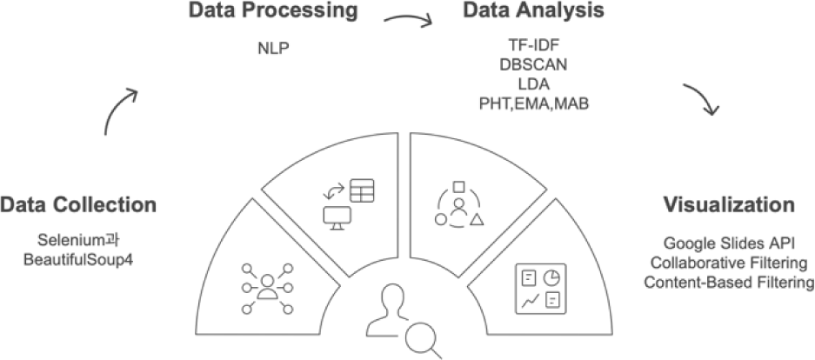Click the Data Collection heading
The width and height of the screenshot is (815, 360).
coord(78,205)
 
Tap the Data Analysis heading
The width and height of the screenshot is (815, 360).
coord(533,12)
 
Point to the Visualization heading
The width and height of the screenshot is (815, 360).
coord(729,205)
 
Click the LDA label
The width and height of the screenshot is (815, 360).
coord(534,84)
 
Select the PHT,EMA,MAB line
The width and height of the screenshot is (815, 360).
coord(534,103)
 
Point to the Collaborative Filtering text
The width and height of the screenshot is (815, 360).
coord(728,263)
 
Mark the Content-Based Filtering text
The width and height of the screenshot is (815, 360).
coord(728,282)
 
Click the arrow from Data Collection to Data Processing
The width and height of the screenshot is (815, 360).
coord(120,110)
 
